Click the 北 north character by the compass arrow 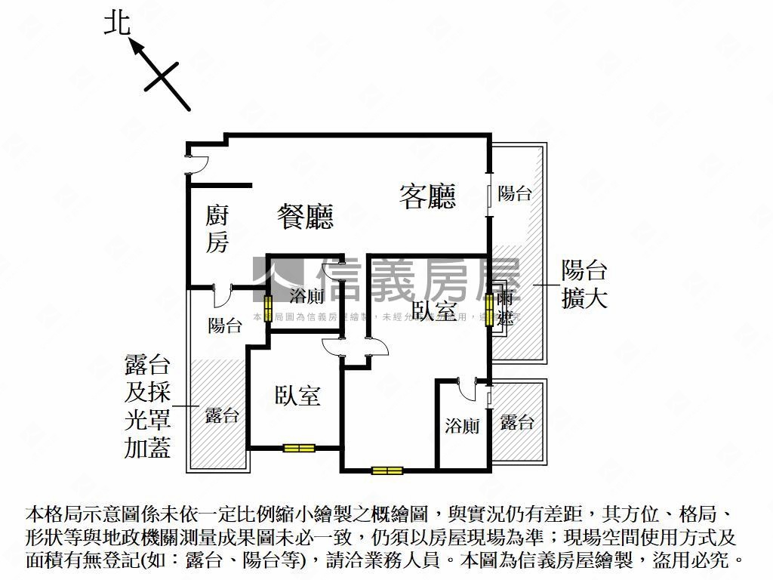[117, 24]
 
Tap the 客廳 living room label [427, 196]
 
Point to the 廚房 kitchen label [217, 229]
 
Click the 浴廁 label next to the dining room [306, 295]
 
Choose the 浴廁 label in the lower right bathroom [462, 426]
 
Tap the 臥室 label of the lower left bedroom [297, 395]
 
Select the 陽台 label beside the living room [515, 193]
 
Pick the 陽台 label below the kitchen [224, 325]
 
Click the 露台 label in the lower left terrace [222, 415]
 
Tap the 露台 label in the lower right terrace [517, 422]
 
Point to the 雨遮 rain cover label [504, 307]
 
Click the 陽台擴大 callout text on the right [584, 284]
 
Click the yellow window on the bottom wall [387, 470]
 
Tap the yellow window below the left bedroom [299, 448]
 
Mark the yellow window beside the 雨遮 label [489, 309]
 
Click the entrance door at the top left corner [196, 163]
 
